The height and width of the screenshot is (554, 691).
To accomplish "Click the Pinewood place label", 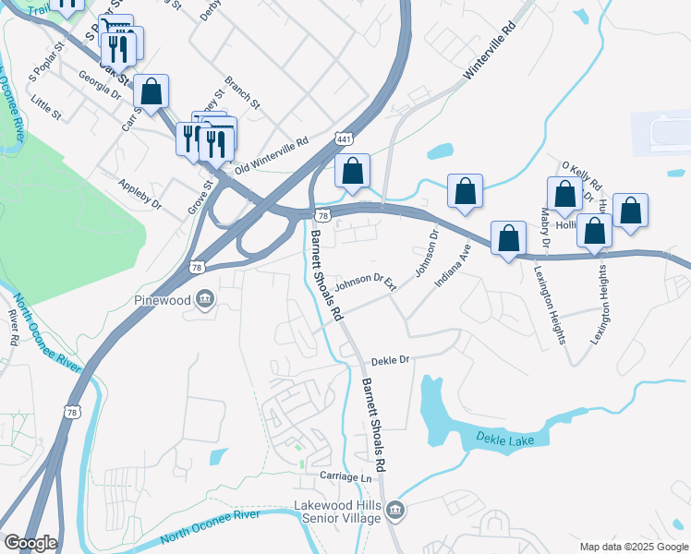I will [161, 298].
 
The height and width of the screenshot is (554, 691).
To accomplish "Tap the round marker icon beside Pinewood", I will [205, 298].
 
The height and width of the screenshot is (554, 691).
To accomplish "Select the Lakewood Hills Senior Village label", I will [336, 512].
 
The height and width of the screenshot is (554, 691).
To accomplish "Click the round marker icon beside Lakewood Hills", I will [395, 510].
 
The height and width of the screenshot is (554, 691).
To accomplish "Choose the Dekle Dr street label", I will [390, 361].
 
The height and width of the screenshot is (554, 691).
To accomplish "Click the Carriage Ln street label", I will [345, 477].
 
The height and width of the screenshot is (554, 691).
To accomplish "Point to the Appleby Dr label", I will [140, 190].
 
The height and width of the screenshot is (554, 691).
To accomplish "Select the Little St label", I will [45, 107].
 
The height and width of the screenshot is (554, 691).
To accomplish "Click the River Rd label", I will [13, 326].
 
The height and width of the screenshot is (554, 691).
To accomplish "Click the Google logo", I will [30, 543].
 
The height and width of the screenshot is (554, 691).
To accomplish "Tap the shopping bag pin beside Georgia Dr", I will [151, 91].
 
